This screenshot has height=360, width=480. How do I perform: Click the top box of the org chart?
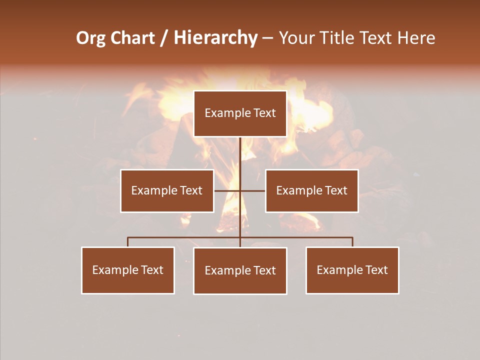240,113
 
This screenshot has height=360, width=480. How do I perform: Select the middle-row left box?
167,190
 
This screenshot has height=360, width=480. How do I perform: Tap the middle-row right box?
311,190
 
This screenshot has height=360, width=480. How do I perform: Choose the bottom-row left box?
128,270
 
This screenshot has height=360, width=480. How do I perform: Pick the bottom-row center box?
240,270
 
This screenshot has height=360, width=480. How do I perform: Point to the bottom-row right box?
352,270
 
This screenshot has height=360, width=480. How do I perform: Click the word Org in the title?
90,38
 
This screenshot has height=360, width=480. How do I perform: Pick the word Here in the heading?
416,38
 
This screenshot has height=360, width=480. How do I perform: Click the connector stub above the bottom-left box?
128,242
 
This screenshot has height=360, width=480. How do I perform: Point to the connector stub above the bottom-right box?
352,242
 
